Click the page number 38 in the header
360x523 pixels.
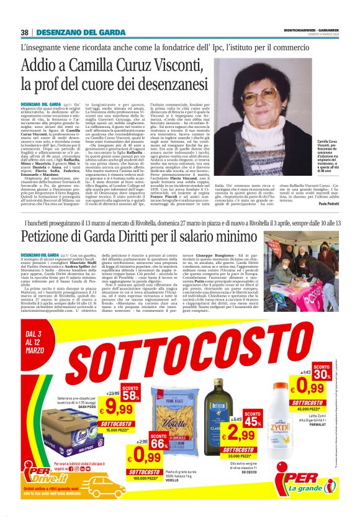click(24, 32)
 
